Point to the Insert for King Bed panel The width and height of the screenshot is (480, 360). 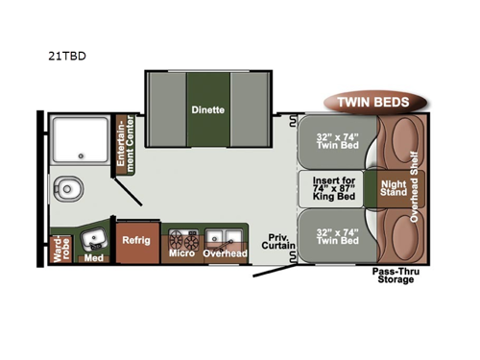point(336,187)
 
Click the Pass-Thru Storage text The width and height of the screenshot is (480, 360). point(394,276)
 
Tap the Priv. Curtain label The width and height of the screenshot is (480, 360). point(278,240)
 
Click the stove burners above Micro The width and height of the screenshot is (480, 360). point(181,237)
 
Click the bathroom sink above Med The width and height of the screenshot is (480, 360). point(94,237)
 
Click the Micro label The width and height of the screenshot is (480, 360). point(181,253)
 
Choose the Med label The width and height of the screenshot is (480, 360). point(93,257)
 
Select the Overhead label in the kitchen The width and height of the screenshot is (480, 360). point(225,253)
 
